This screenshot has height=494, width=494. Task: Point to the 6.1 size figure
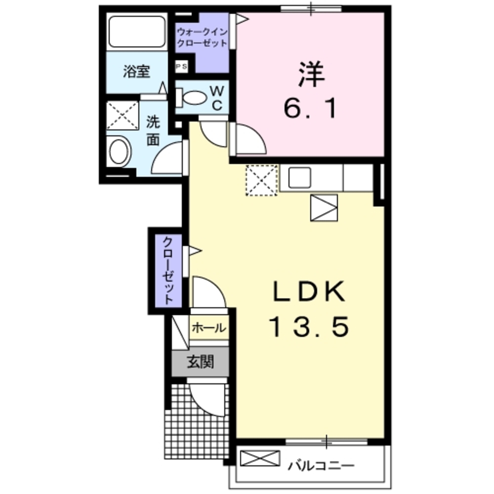(x=311, y=108)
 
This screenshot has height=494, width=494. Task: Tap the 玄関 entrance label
(x=200, y=363)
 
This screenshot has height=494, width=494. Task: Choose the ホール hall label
(x=208, y=328)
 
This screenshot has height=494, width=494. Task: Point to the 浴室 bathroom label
(x=136, y=72)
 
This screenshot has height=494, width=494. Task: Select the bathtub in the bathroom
(x=137, y=32)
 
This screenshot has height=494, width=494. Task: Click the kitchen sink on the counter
(x=299, y=177)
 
